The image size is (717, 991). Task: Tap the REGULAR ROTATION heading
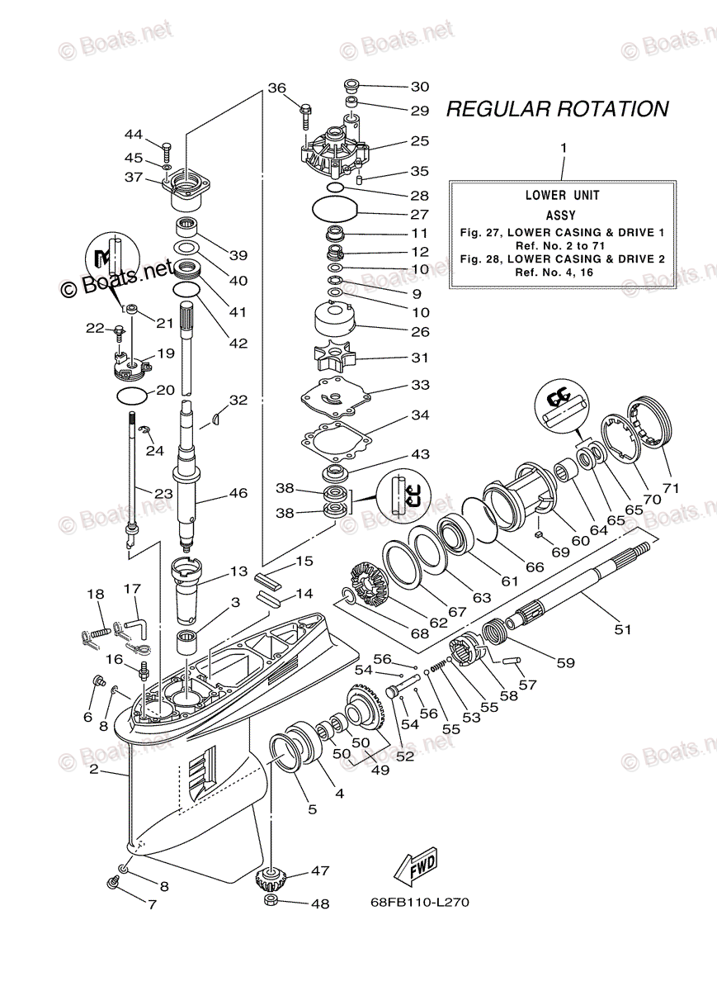pyautogui.click(x=557, y=109)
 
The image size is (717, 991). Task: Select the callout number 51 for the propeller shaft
pyautogui.click(x=622, y=629)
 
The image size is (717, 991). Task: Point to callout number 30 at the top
pyautogui.click(x=420, y=86)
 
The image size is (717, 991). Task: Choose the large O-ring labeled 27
pyautogui.click(x=334, y=209)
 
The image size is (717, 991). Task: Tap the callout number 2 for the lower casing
pyautogui.click(x=94, y=770)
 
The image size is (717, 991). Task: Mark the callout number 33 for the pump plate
pyautogui.click(x=420, y=386)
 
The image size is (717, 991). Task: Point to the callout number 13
pyautogui.click(x=238, y=571)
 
